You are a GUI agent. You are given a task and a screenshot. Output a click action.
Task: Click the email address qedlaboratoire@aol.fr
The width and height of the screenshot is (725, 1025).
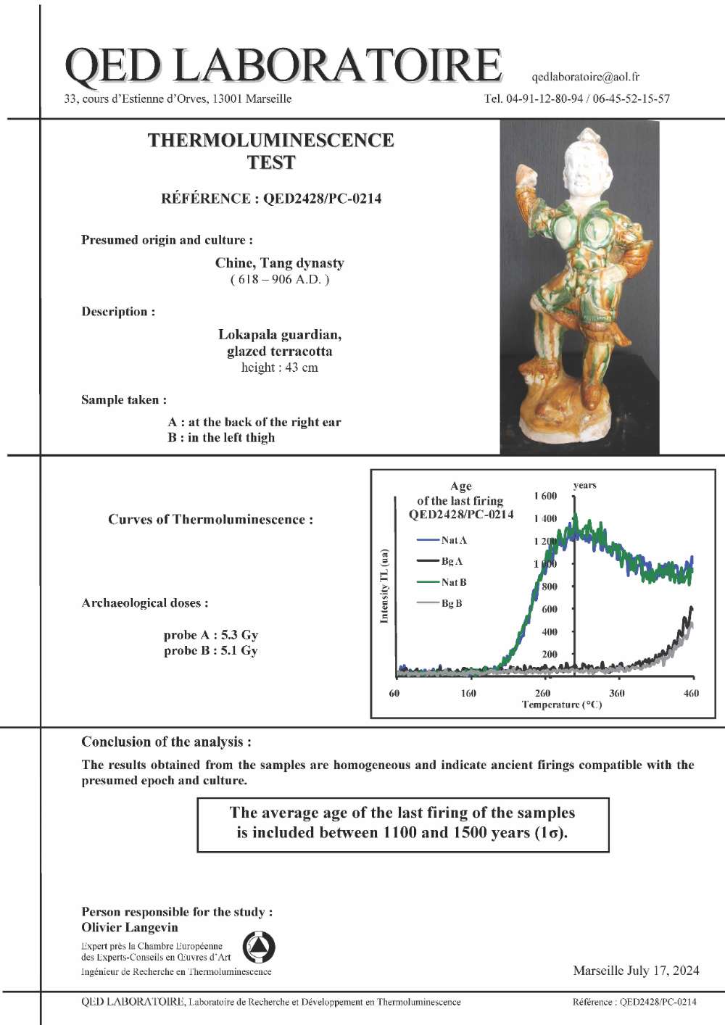[x=585, y=76]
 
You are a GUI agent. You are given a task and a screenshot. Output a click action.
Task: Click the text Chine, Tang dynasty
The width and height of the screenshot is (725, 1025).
[x=279, y=263]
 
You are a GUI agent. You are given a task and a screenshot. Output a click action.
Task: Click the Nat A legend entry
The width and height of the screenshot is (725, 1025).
[x=453, y=540]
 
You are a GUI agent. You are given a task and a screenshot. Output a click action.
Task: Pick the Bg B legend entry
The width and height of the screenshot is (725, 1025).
[x=451, y=603]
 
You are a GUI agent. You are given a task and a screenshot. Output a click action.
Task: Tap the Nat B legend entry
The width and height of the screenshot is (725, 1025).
[x=453, y=582]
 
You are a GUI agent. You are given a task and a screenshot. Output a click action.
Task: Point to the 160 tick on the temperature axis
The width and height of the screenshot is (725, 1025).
[x=468, y=693]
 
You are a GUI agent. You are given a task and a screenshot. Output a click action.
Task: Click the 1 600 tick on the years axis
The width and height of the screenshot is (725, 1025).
[x=545, y=496]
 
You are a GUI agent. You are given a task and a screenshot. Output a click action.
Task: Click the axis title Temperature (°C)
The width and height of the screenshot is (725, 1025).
[x=562, y=705]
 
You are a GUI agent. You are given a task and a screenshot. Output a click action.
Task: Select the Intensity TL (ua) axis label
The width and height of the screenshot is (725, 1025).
[x=384, y=586]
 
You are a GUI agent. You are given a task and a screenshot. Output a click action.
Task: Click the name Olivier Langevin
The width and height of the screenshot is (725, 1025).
[x=130, y=927]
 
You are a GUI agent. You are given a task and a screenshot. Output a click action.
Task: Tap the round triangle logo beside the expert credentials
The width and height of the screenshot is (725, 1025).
[x=259, y=947]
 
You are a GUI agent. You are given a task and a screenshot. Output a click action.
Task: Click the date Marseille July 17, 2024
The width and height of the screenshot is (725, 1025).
[x=636, y=971]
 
